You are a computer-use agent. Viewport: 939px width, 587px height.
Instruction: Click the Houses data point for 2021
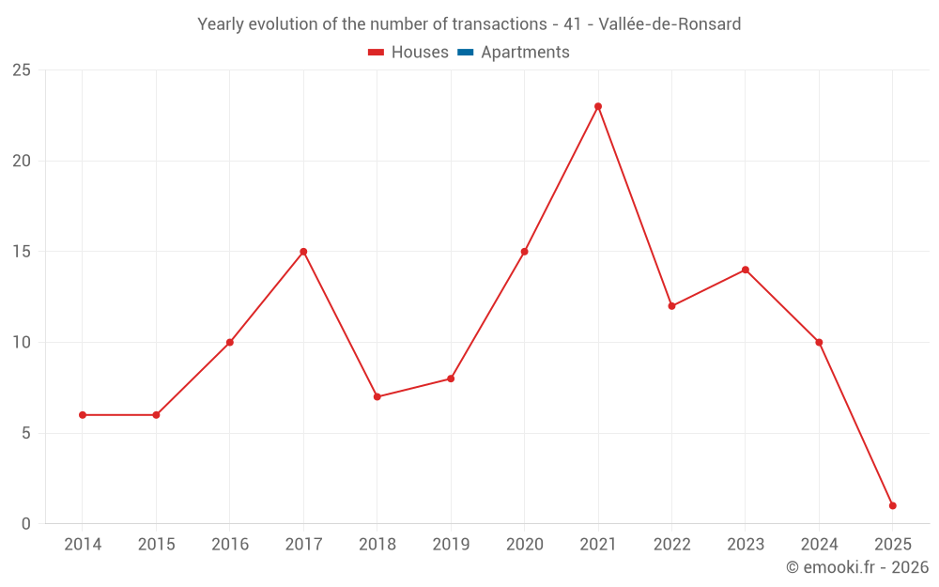(x=598, y=106)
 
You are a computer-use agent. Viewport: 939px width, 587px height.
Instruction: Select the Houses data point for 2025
(x=892, y=505)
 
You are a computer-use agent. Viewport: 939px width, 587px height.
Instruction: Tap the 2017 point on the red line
(x=303, y=252)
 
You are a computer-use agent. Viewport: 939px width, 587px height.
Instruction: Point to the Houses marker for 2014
(x=83, y=415)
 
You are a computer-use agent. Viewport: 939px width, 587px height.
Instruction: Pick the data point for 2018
(x=377, y=397)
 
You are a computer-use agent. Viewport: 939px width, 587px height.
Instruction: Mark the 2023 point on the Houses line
(x=746, y=270)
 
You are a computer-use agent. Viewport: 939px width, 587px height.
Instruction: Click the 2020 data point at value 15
(x=525, y=252)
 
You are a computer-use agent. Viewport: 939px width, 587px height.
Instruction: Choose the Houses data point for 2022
(x=671, y=306)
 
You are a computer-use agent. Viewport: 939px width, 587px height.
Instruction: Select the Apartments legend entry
(x=525, y=53)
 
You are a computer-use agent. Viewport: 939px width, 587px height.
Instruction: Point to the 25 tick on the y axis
(x=22, y=70)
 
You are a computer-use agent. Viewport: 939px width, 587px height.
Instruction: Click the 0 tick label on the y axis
(x=26, y=524)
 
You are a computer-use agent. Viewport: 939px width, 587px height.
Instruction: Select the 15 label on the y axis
(x=22, y=252)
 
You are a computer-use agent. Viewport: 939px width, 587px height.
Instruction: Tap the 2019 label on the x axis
(x=451, y=545)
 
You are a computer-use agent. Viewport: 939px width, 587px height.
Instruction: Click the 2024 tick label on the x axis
(x=819, y=545)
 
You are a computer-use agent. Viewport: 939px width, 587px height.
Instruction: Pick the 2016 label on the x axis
(x=230, y=545)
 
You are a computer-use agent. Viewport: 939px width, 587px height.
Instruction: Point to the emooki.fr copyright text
(x=857, y=567)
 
